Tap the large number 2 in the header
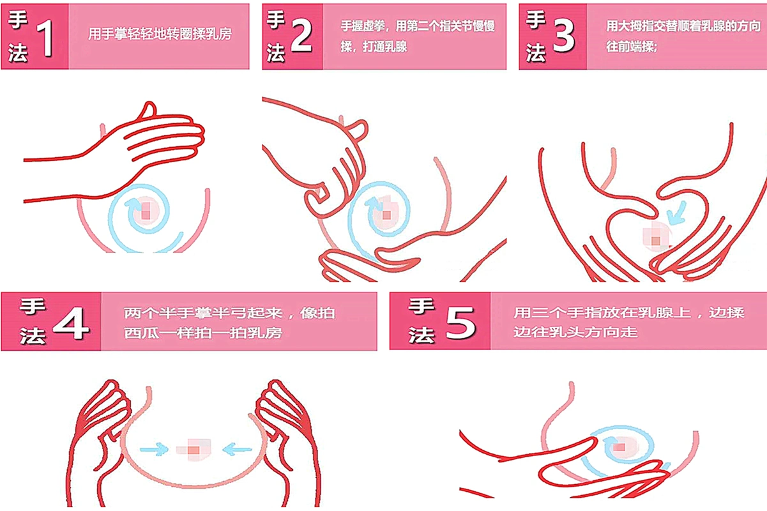coord(300,37)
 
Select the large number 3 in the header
coord(562,37)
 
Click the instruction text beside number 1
coord(160,34)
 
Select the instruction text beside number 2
coord(418,36)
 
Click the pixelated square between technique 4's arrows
coord(194,450)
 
